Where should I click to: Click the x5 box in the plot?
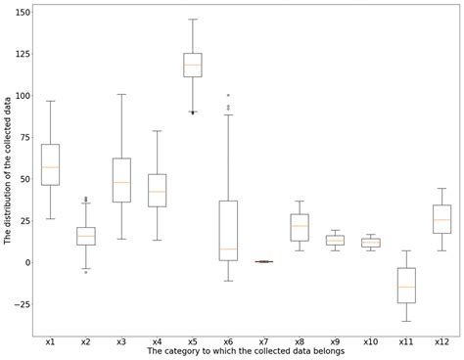(x=192, y=65)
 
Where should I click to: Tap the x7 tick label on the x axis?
(x=263, y=341)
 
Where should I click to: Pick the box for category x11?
(x=405, y=285)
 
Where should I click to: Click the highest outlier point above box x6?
(x=228, y=95)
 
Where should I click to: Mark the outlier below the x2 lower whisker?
(x=86, y=272)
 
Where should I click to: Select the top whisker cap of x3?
(x=121, y=94)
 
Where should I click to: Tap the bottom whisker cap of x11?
(x=405, y=321)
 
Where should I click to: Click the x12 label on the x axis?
(x=441, y=341)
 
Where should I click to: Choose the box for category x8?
(x=299, y=227)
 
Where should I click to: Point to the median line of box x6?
(x=228, y=248)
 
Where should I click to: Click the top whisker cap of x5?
(x=192, y=20)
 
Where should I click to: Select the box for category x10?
(x=370, y=242)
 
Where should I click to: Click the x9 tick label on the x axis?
(x=335, y=341)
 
